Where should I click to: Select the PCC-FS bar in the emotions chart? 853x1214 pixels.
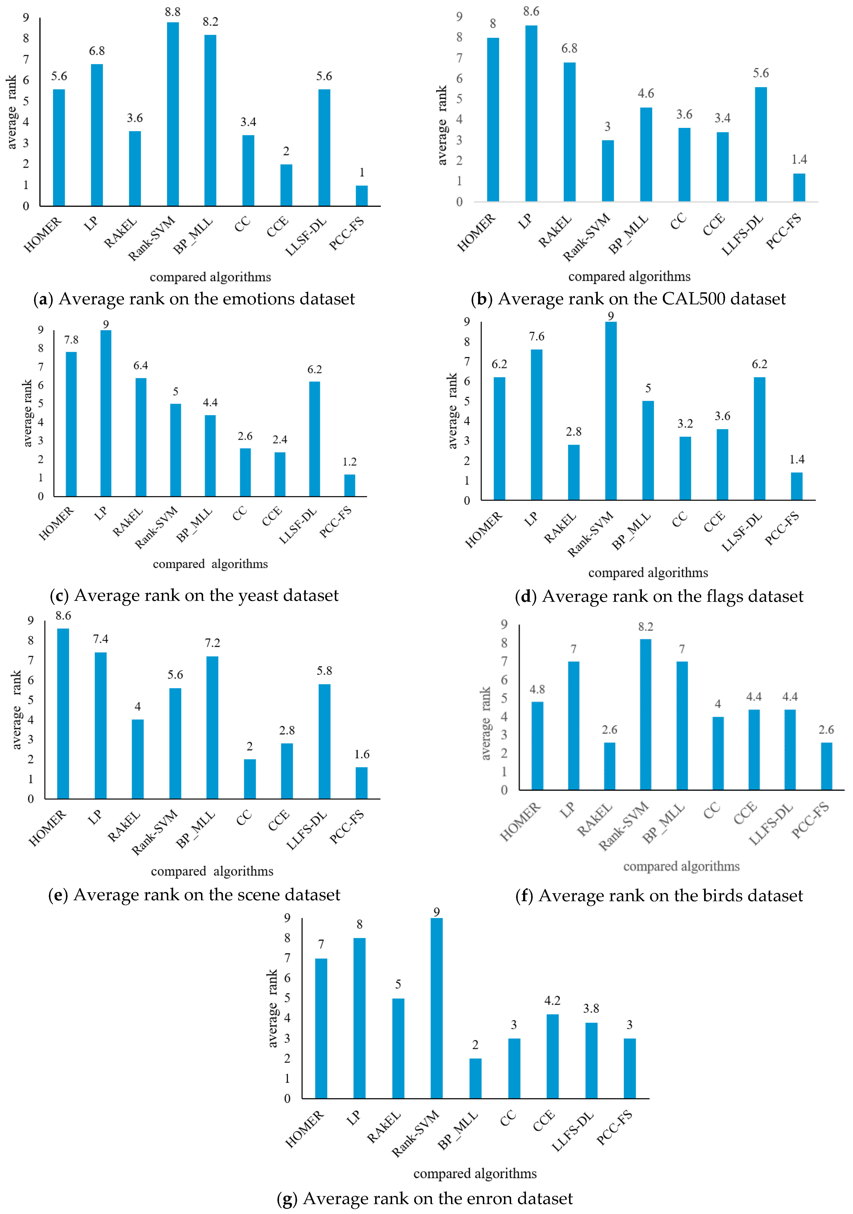tap(362, 196)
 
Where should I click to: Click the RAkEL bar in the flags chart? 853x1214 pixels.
tap(574, 472)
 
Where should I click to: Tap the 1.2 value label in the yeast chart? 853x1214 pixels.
tap(349, 462)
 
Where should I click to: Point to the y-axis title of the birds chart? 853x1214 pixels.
tap(485, 723)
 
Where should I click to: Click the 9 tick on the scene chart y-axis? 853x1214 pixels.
tap(31, 620)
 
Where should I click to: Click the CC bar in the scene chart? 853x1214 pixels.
tap(250, 779)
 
